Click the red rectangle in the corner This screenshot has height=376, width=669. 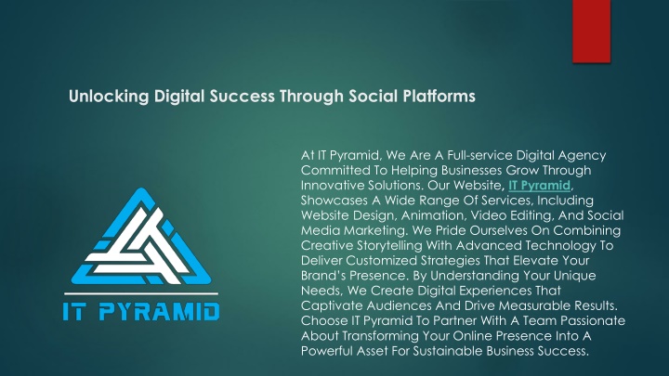coord(591,32)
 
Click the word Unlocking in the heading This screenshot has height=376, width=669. coord(109,97)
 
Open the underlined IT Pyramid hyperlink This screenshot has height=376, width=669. coord(539,186)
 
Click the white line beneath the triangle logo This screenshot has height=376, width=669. coord(141,293)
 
